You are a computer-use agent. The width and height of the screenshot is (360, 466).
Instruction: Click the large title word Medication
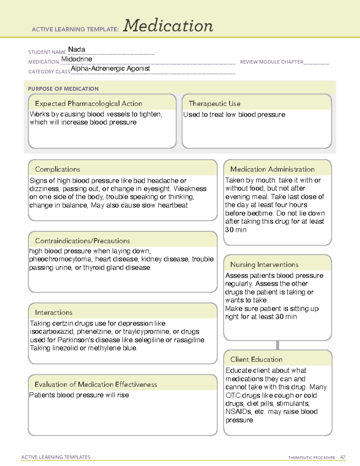pyautogui.click(x=168, y=26)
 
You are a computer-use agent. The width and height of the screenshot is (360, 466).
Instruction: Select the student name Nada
pyautogui.click(x=76, y=50)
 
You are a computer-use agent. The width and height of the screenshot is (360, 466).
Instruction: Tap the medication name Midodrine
pyautogui.click(x=76, y=59)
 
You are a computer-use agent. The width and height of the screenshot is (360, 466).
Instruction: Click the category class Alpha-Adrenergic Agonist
pyautogui.click(x=110, y=68)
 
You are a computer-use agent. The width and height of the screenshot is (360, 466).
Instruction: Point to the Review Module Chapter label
pyautogui.click(x=271, y=62)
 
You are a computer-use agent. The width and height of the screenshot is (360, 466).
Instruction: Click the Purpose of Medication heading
pyautogui.click(x=63, y=89)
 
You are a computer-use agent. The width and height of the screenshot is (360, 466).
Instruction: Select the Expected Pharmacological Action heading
pyautogui.click(x=88, y=104)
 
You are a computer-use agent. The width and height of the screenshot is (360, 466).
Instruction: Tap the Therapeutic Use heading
pyautogui.click(x=214, y=104)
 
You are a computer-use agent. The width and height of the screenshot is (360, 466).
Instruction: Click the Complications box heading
pyautogui.click(x=57, y=169)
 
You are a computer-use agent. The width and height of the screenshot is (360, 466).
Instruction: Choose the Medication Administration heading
pyautogui.click(x=272, y=169)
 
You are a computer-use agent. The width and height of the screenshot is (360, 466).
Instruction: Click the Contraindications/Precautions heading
pyautogui.click(x=82, y=241)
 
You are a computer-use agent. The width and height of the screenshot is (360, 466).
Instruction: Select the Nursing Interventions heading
pyautogui.click(x=264, y=264)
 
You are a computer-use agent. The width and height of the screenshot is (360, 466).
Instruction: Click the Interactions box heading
pyautogui.click(x=53, y=312)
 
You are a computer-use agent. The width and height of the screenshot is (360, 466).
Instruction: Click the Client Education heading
pyautogui.click(x=256, y=359)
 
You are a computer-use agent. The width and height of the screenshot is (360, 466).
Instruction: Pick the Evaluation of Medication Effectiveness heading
pyautogui.click(x=96, y=384)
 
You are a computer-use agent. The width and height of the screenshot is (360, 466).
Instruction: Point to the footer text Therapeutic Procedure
pyautogui.click(x=311, y=458)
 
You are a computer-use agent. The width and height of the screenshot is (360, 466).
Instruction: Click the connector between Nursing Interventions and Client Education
pyautogui.click(x=277, y=345)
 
